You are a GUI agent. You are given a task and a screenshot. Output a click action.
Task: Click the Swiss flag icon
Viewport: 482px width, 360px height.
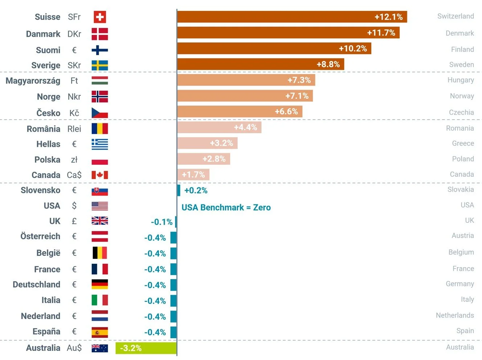click(x=100, y=17)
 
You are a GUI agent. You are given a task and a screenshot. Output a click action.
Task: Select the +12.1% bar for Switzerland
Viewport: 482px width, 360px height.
click(x=292, y=17)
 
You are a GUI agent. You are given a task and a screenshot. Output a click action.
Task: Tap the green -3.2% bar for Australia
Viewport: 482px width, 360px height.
click(x=146, y=348)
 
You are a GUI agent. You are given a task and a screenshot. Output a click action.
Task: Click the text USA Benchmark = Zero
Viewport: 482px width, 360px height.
click(x=226, y=208)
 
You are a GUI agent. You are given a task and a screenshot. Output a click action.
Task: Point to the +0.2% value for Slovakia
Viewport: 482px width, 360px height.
click(x=196, y=191)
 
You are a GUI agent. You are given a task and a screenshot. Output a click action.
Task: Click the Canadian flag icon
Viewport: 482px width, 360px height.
click(x=100, y=175)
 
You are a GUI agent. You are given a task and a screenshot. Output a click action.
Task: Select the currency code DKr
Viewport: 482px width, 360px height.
click(x=74, y=34)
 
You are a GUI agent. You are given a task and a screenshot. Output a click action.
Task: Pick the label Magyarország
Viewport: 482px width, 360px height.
click(x=33, y=81)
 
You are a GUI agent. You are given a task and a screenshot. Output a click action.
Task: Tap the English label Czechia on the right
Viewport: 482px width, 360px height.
click(x=461, y=112)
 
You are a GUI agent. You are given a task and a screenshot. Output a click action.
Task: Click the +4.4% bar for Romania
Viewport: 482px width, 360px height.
click(x=219, y=127)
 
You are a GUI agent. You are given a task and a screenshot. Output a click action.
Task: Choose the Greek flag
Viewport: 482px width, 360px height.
click(x=100, y=144)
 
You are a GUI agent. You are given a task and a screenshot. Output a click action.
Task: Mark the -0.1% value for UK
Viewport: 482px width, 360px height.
click(x=162, y=222)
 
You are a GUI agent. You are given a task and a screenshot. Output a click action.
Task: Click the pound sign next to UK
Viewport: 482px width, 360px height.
click(x=74, y=221)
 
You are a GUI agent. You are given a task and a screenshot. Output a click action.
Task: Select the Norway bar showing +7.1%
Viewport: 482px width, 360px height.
click(x=245, y=96)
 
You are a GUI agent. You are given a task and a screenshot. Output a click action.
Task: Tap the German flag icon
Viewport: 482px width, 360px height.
click(x=100, y=284)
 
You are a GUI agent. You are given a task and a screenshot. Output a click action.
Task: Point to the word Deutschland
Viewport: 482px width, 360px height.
click(x=37, y=285)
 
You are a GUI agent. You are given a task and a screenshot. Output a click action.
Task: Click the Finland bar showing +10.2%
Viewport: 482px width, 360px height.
click(x=274, y=49)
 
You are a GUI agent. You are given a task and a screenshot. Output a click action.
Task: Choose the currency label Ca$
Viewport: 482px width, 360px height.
click(x=74, y=175)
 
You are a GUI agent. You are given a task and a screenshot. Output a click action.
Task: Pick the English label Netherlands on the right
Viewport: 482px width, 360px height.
click(x=455, y=315)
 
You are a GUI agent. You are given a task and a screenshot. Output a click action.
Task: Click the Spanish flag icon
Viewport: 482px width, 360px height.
click(x=100, y=332)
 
